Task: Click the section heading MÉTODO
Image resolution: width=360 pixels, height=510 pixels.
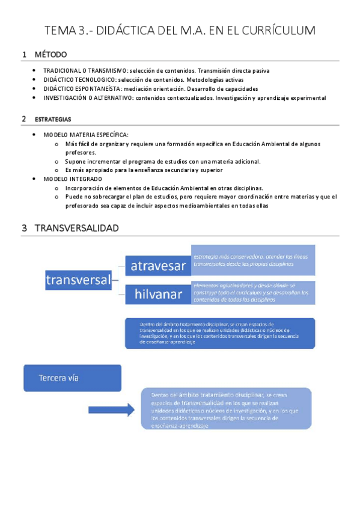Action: point(50,55)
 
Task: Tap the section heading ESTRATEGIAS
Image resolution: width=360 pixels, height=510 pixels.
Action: point(53,119)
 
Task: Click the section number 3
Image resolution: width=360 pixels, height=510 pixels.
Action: point(24,228)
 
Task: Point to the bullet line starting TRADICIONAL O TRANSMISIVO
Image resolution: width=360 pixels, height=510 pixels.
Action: point(157,70)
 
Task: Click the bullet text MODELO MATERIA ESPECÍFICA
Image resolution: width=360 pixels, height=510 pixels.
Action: point(86,135)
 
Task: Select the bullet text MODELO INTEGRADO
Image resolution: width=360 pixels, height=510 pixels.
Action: point(73,179)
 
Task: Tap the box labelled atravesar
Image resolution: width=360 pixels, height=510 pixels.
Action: point(158,265)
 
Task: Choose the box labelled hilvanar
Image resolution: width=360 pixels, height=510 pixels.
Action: point(158,295)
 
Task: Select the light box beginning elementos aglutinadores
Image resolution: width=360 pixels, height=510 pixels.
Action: point(252,292)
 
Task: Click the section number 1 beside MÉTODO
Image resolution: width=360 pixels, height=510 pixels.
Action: point(24,55)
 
